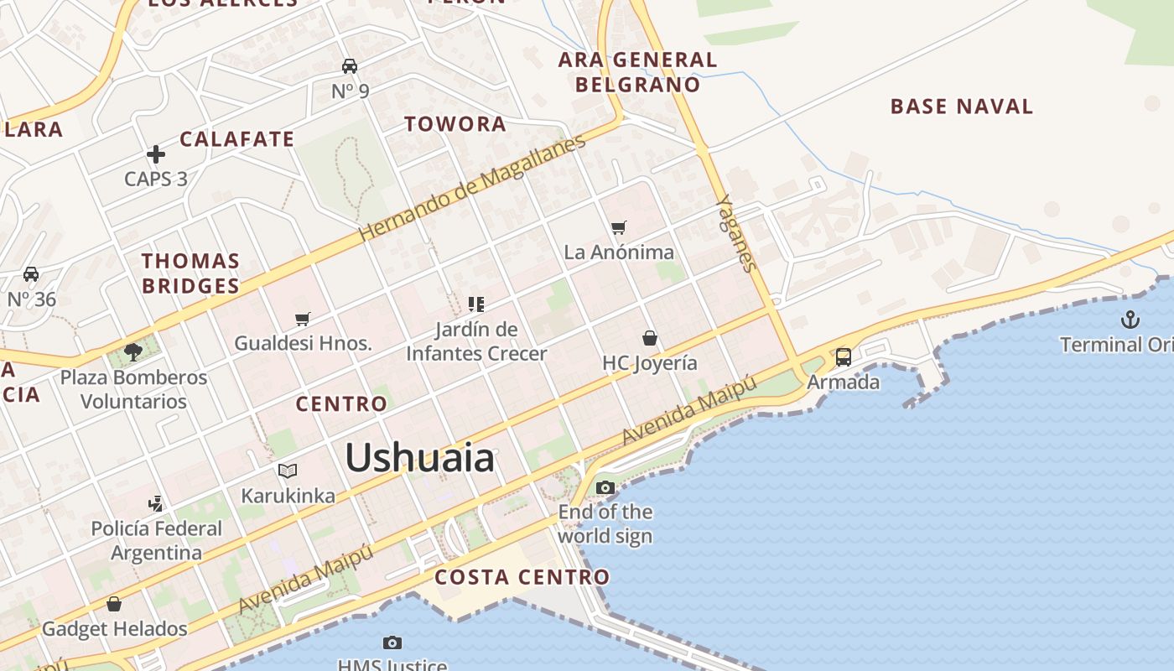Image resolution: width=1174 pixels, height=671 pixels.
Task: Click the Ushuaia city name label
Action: click(x=420, y=458)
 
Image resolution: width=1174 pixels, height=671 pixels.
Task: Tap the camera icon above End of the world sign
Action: click(x=605, y=487)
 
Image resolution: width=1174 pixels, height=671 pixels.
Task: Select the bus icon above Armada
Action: click(x=844, y=357)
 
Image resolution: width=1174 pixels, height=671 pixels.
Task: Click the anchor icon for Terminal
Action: click(x=1130, y=319)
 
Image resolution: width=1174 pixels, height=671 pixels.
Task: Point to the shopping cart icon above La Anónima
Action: click(x=619, y=227)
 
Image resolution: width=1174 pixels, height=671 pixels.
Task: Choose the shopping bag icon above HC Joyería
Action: click(x=650, y=338)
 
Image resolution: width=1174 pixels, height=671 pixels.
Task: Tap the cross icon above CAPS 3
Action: click(x=156, y=154)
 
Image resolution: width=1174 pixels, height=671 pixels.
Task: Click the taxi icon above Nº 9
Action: click(x=350, y=66)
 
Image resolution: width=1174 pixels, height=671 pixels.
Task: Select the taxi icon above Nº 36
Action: click(x=31, y=274)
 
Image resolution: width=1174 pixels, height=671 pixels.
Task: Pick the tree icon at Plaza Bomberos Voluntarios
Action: click(x=133, y=352)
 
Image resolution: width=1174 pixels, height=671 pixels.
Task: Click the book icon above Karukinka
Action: click(x=288, y=471)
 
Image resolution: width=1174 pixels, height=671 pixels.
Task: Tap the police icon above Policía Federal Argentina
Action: click(x=156, y=504)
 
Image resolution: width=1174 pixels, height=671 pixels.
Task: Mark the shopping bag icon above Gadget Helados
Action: click(x=114, y=604)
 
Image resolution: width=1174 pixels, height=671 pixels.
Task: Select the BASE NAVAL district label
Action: click(x=962, y=107)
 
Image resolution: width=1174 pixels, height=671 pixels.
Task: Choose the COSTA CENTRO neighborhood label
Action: click(x=522, y=577)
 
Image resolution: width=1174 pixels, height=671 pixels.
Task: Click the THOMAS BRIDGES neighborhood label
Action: click(x=191, y=273)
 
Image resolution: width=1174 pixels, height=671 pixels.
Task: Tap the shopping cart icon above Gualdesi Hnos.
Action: click(x=303, y=319)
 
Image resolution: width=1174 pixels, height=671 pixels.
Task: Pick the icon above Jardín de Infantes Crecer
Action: click(x=476, y=304)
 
